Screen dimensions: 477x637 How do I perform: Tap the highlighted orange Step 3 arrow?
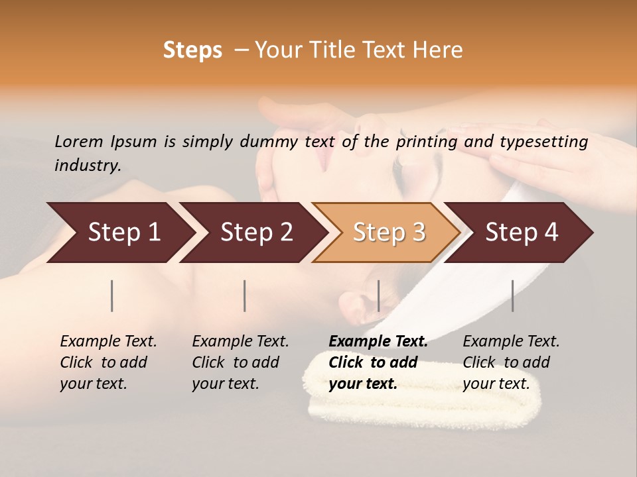pyautogui.click(x=389, y=233)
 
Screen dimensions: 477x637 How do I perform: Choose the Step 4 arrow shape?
pyautogui.click(x=522, y=233)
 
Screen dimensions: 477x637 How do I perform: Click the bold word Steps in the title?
pyautogui.click(x=192, y=50)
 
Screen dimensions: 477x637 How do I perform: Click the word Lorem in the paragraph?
pyautogui.click(x=79, y=141)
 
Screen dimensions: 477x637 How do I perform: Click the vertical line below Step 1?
pyautogui.click(x=112, y=295)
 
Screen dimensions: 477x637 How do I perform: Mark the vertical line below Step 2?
pyautogui.click(x=245, y=295)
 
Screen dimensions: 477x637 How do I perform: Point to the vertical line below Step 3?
pyautogui.click(x=378, y=295)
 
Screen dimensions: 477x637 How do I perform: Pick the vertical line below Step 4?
pyautogui.click(x=512, y=295)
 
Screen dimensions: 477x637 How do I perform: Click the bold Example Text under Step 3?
pyautogui.click(x=378, y=342)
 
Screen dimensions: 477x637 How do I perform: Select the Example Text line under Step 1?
pyautogui.click(x=108, y=342)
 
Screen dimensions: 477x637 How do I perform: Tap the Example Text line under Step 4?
pyautogui.click(x=511, y=342)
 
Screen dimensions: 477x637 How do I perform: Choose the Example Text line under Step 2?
pyautogui.click(x=240, y=342)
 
